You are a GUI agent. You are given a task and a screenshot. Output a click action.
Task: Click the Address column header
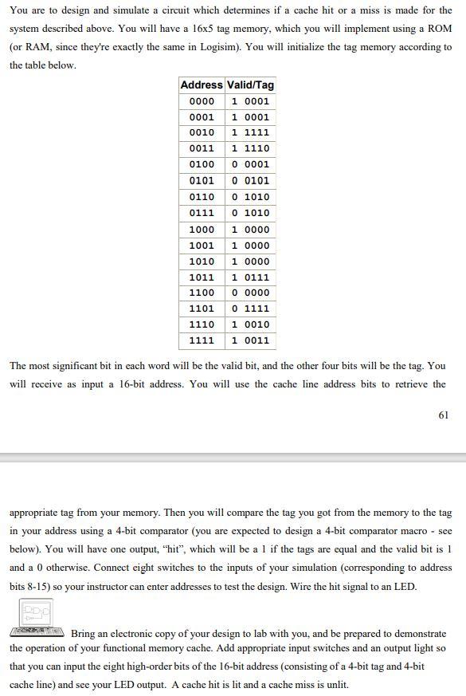pos(202,85)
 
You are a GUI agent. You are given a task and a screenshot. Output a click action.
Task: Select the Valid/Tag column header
pos(250,85)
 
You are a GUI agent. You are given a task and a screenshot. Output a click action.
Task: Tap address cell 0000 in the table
pos(202,101)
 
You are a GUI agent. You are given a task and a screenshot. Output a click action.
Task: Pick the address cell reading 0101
pos(202,181)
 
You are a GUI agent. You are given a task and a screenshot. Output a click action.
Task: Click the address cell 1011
pos(202,277)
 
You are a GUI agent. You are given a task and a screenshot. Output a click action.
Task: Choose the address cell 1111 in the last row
pos(202,340)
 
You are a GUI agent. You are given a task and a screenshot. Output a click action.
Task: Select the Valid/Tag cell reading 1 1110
pos(250,149)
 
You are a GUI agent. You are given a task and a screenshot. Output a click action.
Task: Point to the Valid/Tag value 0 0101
pos(250,181)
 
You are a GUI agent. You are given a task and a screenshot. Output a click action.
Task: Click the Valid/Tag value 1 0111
pos(250,277)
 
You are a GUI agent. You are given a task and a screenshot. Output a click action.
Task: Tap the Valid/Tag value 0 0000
pos(250,293)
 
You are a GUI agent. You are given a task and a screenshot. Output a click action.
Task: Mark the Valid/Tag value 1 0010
pos(250,324)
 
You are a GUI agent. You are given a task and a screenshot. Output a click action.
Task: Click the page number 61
pos(444,415)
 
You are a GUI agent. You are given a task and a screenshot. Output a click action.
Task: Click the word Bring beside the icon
pos(84,634)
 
